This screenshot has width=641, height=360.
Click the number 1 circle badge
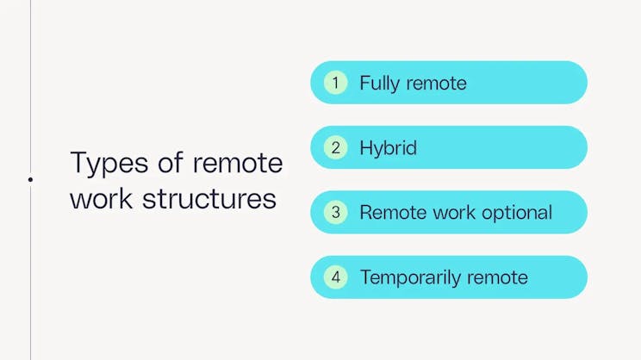[x=335, y=83]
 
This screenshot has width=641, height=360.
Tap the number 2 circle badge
[x=335, y=147]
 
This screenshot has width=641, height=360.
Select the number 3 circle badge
[x=335, y=213]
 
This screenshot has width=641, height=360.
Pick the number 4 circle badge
[x=335, y=277]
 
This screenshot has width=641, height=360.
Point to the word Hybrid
[x=388, y=148]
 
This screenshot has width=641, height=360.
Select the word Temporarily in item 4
[x=408, y=277]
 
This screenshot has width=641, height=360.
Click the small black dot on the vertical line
[x=30, y=179]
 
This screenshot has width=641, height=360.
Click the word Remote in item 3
[x=388, y=213]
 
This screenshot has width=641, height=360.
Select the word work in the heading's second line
[x=101, y=198]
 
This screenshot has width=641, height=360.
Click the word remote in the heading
[x=238, y=163]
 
